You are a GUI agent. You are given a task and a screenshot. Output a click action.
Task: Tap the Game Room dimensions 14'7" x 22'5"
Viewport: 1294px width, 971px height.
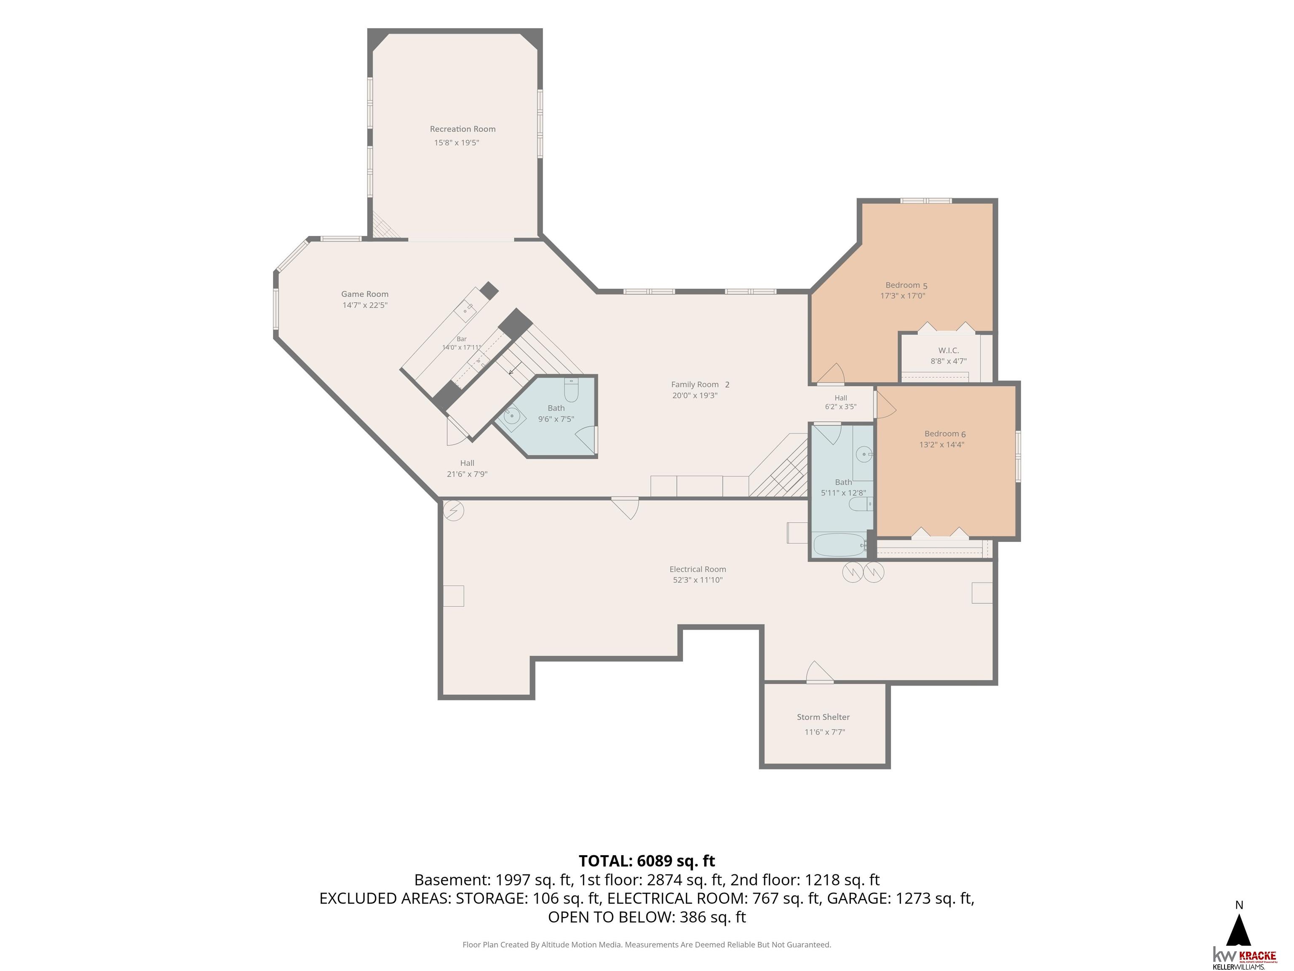(365, 305)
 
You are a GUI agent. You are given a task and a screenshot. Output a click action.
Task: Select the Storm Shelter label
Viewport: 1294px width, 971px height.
(823, 717)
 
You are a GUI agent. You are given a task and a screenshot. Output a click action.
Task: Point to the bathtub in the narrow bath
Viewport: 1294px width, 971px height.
(839, 545)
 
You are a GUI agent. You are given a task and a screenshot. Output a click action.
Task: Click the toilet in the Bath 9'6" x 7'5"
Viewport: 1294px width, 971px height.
(571, 390)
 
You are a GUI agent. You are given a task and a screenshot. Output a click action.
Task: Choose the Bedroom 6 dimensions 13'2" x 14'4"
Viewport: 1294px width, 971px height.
(941, 444)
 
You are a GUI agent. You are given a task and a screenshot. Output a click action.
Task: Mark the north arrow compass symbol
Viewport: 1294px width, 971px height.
(1238, 929)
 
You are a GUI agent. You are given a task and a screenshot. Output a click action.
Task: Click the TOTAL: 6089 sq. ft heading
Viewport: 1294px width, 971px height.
(647, 861)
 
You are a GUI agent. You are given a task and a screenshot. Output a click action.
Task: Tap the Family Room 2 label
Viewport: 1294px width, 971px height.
(700, 384)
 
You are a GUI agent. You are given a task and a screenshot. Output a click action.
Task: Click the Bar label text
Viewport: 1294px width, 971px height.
(462, 339)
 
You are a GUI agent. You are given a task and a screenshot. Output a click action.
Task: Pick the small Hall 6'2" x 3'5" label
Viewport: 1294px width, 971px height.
(841, 402)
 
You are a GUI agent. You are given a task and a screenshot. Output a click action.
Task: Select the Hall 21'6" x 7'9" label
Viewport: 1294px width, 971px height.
(467, 468)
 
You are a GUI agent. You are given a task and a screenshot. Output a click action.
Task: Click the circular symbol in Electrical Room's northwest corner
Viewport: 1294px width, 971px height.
(453, 510)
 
